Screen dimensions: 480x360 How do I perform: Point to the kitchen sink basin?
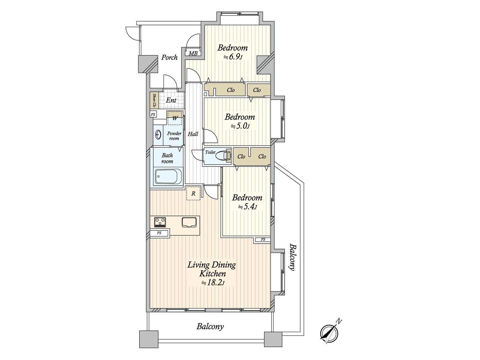(x=189, y=222)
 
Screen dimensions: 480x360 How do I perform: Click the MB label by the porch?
(x=193, y=53)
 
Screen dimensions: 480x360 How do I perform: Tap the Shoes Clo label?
(x=154, y=100)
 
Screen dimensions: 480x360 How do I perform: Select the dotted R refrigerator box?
(x=193, y=193)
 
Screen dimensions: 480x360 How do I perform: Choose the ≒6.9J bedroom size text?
(x=233, y=58)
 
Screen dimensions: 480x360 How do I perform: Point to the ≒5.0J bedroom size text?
(x=240, y=126)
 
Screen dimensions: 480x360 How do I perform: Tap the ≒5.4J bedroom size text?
(x=247, y=207)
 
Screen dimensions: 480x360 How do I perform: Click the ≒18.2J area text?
(x=213, y=283)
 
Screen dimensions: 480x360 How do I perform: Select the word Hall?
(x=193, y=134)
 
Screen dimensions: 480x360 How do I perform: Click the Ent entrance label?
(x=171, y=100)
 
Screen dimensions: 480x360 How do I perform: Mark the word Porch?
(x=169, y=58)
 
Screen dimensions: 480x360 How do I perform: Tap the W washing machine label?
(x=175, y=118)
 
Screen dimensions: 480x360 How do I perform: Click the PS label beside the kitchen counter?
(x=159, y=233)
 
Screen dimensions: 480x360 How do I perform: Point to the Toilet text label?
(x=210, y=152)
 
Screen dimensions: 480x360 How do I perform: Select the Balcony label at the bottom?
(x=210, y=327)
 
